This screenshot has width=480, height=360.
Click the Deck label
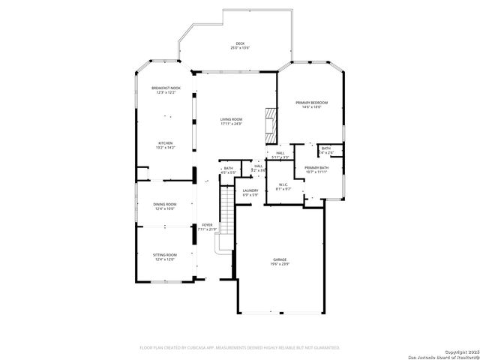[x=240, y=43]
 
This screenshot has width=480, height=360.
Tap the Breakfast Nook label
[x=166, y=88]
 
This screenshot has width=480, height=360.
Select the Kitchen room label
[x=165, y=142]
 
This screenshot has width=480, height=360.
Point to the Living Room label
[x=231, y=119]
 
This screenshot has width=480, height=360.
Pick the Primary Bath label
[x=316, y=167]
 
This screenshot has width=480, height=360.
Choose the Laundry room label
[x=250, y=190]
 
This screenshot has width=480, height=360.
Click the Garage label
[x=279, y=259]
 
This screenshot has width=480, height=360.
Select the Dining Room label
[x=165, y=204]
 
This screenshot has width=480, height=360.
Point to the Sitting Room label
[x=165, y=255]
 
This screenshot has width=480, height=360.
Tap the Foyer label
[x=207, y=225]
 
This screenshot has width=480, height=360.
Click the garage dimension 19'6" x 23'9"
[x=279, y=264]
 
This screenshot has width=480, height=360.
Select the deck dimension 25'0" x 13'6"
[x=240, y=49]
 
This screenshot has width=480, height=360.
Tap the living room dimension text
[x=231, y=124]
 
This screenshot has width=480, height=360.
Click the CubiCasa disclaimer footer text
[x=240, y=347]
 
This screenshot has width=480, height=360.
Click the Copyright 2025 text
[x=460, y=351]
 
